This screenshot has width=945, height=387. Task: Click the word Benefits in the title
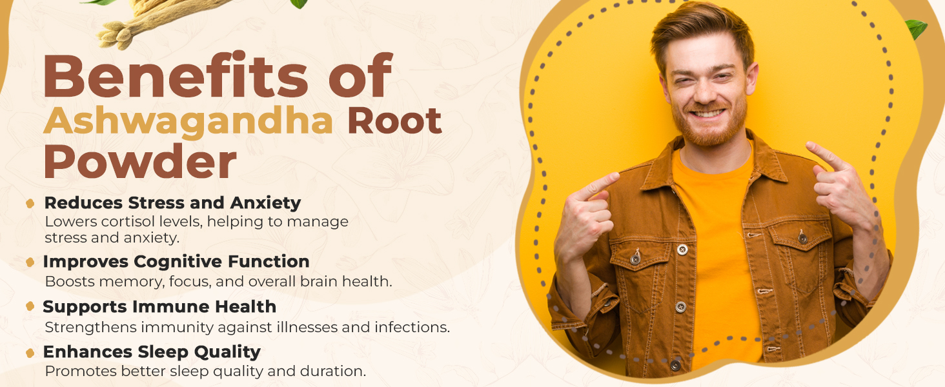point(176,75)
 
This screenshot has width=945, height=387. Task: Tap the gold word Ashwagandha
point(188,121)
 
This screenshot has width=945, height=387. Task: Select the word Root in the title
point(394,121)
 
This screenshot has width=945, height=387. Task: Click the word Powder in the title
point(140,161)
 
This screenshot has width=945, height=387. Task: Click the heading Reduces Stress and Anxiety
point(172,203)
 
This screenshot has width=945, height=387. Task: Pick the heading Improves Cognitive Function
point(176,262)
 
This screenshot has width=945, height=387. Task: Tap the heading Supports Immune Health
point(159,306)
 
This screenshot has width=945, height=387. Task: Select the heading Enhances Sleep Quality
point(152,352)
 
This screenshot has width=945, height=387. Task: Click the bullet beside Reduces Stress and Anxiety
point(30,204)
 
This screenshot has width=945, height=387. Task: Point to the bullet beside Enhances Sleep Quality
point(30,353)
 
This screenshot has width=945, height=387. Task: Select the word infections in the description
point(412,327)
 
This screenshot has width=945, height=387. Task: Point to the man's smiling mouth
point(708,113)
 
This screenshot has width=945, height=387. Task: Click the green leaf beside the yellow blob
point(917,28)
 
